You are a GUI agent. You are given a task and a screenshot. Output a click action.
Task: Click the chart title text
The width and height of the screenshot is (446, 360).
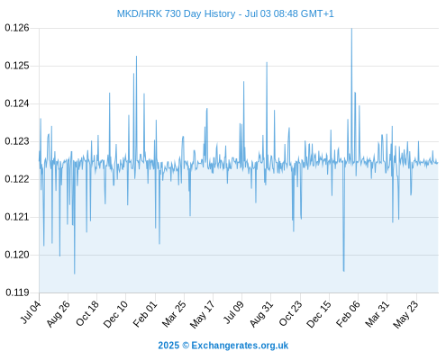tap(225, 13)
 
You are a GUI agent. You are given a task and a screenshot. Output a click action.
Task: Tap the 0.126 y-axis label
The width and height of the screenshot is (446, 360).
tap(17, 28)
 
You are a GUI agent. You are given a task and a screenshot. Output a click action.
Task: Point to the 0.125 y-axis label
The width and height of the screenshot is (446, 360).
tap(17, 66)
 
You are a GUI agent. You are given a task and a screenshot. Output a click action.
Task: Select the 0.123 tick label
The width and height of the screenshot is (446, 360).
tap(17, 141)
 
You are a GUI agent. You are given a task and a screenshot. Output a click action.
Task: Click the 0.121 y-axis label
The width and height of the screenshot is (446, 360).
tap(17, 217)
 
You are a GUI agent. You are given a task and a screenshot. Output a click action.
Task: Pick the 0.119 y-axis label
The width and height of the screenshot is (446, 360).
tap(17, 292)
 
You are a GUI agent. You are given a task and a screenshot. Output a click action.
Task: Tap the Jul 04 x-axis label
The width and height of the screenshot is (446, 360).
tap(31, 312)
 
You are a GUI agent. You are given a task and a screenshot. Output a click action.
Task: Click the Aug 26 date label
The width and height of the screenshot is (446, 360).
tap(59, 313)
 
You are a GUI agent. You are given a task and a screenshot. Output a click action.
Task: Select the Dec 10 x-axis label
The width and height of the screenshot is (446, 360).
tap(115, 314)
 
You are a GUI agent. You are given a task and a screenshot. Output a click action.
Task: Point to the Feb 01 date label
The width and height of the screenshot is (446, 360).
tap(145, 313)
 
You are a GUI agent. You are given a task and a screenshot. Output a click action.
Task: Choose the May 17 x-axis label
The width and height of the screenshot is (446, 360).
tap(203, 314)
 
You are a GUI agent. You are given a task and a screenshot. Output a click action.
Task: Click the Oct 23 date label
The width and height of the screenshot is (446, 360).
tap(290, 313)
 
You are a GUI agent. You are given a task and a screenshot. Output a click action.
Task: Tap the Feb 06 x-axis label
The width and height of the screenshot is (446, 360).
tap(348, 313)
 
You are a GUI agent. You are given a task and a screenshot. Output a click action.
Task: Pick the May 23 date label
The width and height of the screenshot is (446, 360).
tap(405, 314)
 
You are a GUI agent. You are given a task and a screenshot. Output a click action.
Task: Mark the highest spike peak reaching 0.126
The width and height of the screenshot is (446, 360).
tap(351, 29)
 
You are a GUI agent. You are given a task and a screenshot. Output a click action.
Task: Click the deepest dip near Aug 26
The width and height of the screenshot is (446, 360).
tap(75, 274)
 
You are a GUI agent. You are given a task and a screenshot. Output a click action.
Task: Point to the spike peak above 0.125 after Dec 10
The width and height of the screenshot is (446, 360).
tap(136, 57)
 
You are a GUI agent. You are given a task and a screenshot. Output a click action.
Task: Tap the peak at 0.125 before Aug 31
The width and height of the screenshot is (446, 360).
tap(267, 62)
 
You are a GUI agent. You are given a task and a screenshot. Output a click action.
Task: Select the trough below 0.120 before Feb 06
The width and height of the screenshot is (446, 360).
tap(344, 271)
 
